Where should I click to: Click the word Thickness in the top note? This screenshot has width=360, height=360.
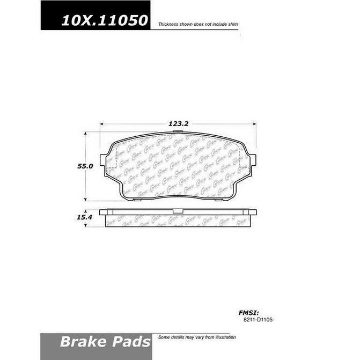pos(167,25)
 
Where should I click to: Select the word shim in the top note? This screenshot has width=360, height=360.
pos(232,25)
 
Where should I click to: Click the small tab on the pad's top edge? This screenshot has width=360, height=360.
pos(179,132)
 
